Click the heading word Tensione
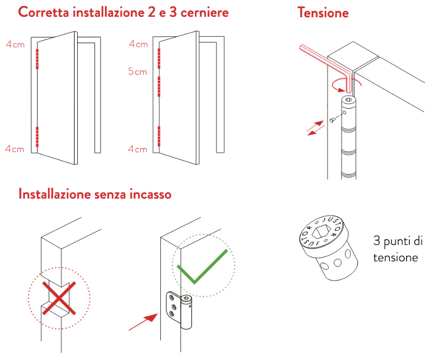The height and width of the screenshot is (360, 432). (323, 12)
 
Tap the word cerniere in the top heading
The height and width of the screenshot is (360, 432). (205, 12)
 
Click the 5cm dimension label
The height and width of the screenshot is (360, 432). (138, 72)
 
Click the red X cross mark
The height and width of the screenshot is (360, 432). (59, 298)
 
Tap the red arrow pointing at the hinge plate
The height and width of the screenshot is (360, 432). (143, 322)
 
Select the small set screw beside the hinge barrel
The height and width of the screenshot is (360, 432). (332, 120)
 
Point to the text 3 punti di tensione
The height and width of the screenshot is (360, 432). (397, 249)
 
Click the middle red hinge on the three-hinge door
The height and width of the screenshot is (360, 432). (159, 86)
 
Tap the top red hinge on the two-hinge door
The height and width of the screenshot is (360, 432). (37, 59)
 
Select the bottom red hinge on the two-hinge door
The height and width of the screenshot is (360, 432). (37, 137)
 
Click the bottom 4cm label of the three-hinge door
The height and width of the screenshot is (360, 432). (138, 149)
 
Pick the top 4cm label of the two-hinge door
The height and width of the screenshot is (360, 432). (16, 44)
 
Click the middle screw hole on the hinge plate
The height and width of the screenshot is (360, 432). (173, 306)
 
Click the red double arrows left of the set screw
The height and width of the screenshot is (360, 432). (315, 128)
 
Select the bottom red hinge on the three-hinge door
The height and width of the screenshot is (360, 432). (159, 136)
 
